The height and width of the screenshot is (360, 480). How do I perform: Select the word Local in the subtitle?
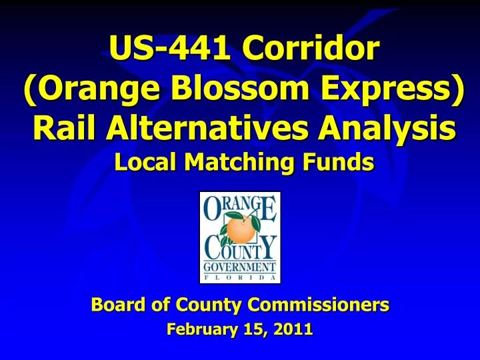[x=139, y=162]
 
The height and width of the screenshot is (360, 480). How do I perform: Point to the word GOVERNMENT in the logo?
[x=240, y=266]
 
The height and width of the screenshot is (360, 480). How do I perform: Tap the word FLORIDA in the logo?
[x=240, y=277]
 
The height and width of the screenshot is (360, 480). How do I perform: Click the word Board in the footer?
[x=114, y=305]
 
